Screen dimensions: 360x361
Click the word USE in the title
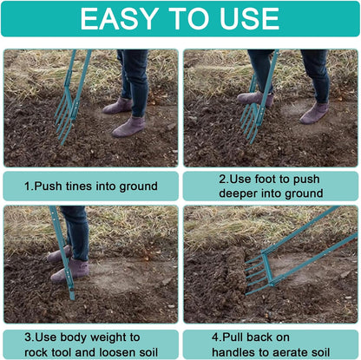(251, 18)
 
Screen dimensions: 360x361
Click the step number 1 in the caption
(27, 186)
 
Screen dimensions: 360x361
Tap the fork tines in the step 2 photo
(251, 121)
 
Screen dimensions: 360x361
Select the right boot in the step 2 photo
(314, 112)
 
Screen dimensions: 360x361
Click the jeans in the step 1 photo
(135, 73)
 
